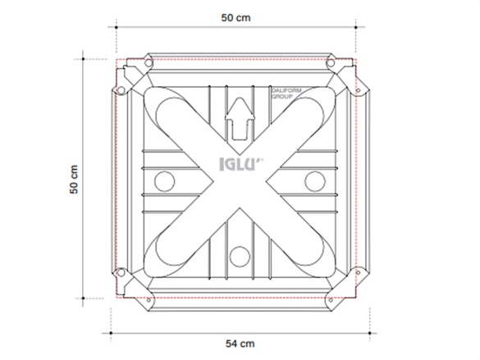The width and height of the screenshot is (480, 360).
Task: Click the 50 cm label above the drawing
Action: (235, 18)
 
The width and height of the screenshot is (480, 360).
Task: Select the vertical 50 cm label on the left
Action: (74, 178)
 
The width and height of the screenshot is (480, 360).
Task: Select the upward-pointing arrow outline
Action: (240, 118)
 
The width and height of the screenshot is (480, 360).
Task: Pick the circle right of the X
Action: (314, 180)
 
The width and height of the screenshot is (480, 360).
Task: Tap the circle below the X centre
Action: (239, 256)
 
